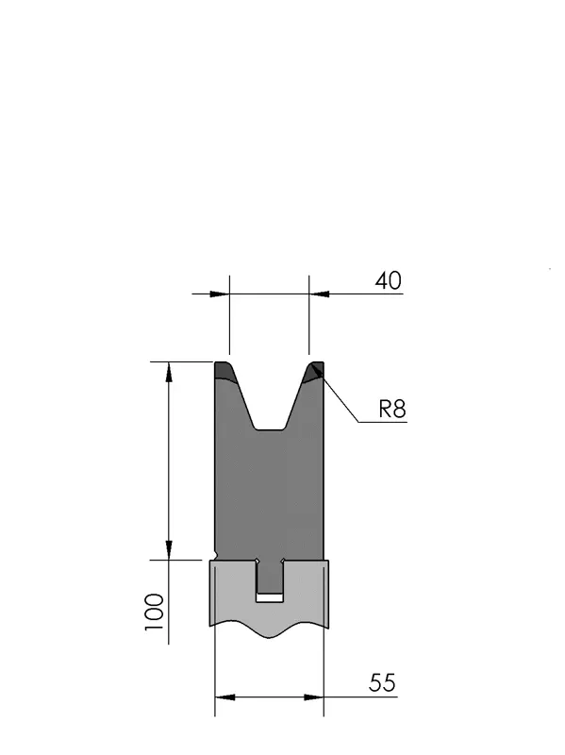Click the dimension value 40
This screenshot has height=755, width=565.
[x=388, y=280]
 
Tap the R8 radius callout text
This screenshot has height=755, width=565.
[x=392, y=410]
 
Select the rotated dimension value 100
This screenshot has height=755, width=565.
[x=155, y=612]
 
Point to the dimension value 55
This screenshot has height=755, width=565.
[x=382, y=682]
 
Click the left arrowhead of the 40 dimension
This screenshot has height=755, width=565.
[x=220, y=294]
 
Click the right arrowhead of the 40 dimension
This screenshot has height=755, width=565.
[x=319, y=294]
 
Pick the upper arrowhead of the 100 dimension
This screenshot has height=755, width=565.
[x=169, y=372]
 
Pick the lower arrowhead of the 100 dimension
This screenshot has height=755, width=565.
[x=169, y=550]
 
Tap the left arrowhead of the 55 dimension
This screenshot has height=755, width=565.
[x=224, y=696]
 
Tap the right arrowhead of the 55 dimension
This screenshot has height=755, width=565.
[x=313, y=696]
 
